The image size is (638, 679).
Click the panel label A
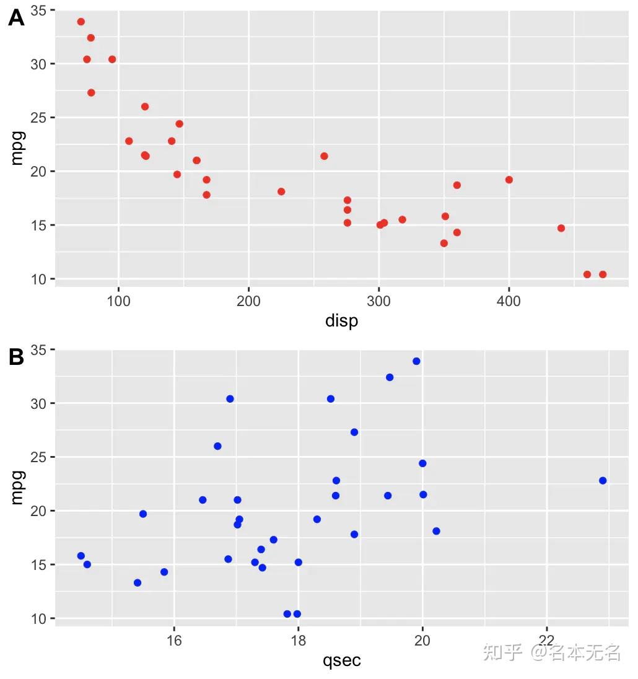[16, 19]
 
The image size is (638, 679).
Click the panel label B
[16, 357]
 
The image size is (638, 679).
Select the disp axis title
[341, 322]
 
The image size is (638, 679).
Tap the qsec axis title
[341, 660]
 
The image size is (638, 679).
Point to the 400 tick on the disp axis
[509, 302]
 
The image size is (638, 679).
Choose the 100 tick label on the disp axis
[118, 302]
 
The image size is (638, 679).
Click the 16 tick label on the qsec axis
[174, 640]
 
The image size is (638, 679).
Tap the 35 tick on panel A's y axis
[39, 11]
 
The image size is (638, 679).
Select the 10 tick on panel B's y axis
[39, 618]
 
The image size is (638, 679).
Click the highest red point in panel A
[81, 22]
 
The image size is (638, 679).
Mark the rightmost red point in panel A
[603, 274]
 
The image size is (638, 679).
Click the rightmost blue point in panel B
[603, 481]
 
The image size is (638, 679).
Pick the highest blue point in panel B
[416, 361]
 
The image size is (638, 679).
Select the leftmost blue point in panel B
[81, 556]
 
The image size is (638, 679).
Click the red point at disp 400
[509, 180]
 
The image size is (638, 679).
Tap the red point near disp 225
[281, 191]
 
